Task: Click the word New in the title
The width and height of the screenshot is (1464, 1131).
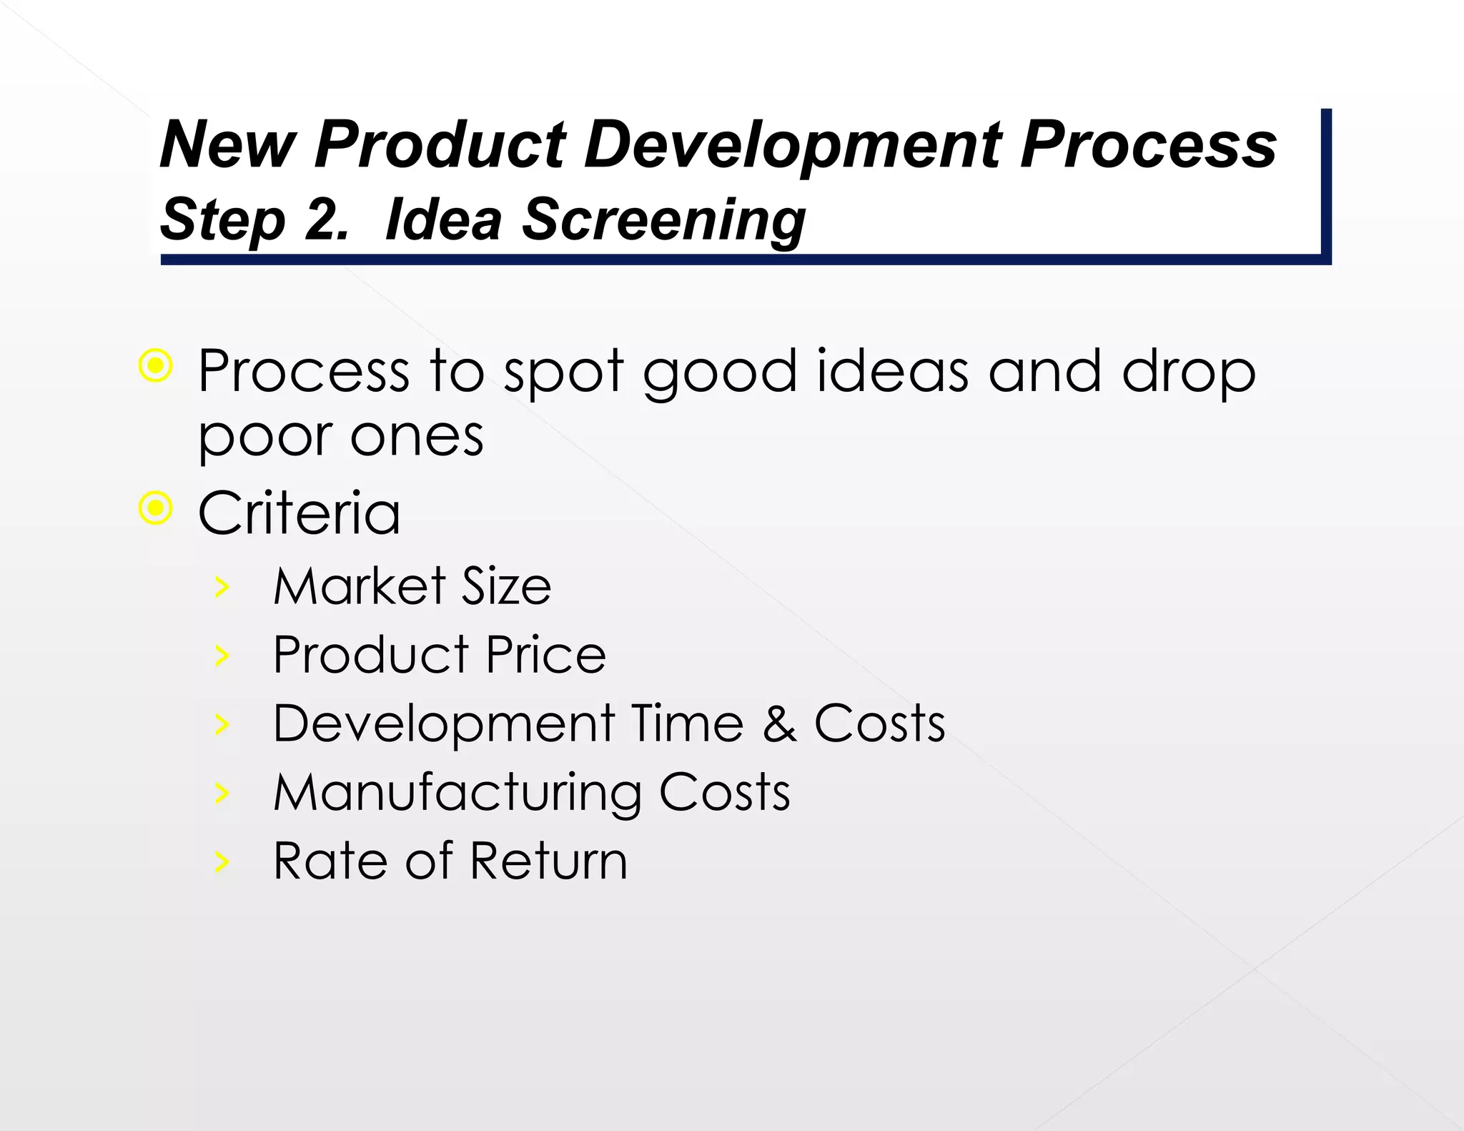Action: tap(227, 145)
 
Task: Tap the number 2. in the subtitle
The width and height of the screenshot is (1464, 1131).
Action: tap(326, 219)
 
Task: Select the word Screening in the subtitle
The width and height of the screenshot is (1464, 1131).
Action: tap(663, 219)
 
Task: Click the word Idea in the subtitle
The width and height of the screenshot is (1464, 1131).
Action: tap(443, 219)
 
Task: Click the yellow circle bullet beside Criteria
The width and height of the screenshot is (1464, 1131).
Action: tap(156, 509)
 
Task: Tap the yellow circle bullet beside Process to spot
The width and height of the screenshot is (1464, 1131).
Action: tap(156, 367)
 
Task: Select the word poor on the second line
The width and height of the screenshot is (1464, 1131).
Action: tap(264, 438)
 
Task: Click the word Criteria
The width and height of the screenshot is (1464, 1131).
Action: tap(299, 513)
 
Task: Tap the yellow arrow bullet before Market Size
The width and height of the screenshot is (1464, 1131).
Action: tap(222, 587)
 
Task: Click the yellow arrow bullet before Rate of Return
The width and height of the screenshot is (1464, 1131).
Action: tap(222, 862)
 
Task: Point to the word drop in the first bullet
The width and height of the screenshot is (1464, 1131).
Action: tap(1187, 373)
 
